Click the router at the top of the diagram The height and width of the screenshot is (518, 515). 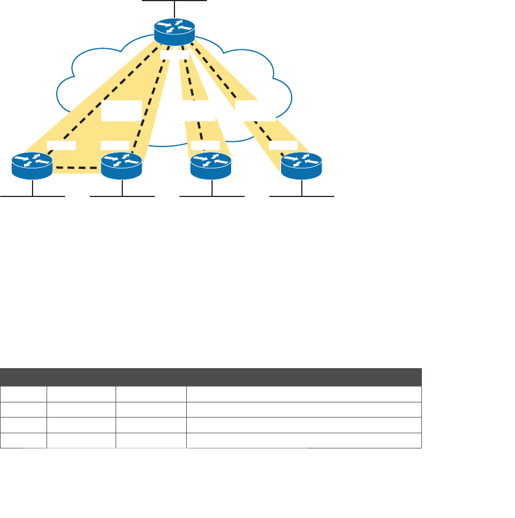point(174,31)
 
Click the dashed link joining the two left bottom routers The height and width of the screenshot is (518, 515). point(76,168)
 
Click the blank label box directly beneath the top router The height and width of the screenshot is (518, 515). point(174,55)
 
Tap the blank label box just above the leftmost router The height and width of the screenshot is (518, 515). point(61,146)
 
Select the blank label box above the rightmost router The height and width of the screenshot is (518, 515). point(283,146)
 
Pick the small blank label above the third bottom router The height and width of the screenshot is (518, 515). point(205,146)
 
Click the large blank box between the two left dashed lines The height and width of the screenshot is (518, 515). point(121,111)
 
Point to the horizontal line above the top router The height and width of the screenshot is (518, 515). point(174,1)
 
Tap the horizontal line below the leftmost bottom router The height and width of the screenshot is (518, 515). point(33,196)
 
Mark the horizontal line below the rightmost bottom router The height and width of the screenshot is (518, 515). point(302,196)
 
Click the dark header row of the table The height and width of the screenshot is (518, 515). point(210,377)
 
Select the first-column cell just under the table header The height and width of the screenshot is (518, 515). point(24,394)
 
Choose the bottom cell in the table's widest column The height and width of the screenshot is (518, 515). point(304,441)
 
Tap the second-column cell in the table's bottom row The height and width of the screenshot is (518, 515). point(81,441)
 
